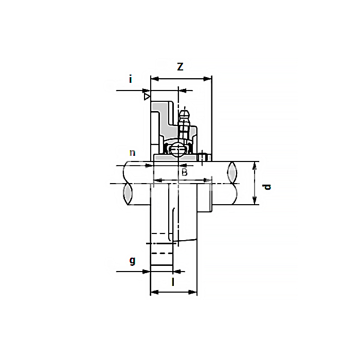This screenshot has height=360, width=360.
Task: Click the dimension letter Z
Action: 180,66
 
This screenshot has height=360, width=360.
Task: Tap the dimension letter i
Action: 131,79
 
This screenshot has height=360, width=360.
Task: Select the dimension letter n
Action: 132,153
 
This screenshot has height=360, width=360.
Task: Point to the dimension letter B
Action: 184,172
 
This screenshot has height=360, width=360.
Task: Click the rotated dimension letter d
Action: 266,187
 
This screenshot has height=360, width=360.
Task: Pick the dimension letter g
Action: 132,261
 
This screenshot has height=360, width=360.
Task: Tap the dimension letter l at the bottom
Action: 173,282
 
